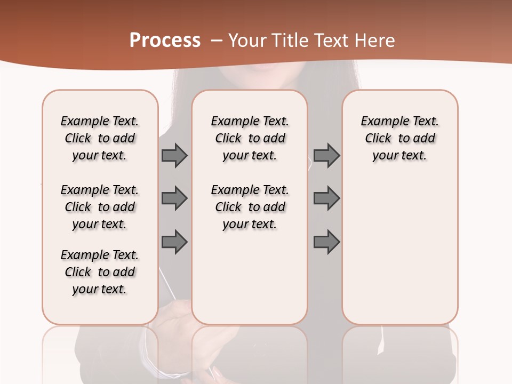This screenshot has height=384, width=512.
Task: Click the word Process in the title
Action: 165,41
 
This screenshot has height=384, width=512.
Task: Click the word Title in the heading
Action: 291,41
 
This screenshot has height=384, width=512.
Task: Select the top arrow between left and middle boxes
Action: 174,156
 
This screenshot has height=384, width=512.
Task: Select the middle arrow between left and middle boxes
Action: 174,198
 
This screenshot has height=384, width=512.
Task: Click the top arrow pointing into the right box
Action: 326,156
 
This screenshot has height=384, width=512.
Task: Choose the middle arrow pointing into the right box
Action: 326,198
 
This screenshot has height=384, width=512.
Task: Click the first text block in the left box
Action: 100,138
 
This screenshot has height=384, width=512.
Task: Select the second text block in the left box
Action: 100,207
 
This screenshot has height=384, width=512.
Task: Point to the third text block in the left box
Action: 100,272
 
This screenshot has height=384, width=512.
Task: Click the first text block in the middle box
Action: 250,138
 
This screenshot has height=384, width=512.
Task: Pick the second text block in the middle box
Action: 250,207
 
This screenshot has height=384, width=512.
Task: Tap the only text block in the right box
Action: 400,138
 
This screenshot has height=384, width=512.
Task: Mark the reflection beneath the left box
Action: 100,352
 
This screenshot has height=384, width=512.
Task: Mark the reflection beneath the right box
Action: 400,352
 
